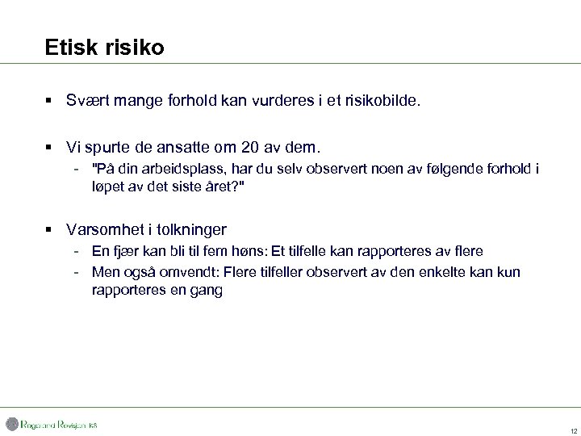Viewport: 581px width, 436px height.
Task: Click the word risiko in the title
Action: (133, 48)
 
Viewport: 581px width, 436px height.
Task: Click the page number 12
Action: (573, 430)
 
